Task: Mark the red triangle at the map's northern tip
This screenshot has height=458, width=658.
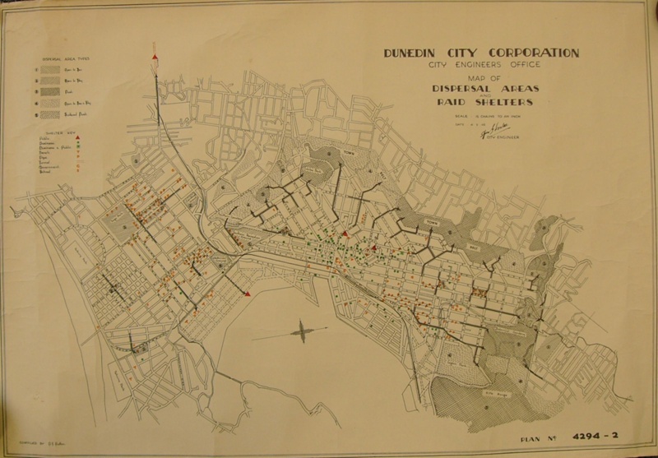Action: pyautogui.click(x=155, y=56)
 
